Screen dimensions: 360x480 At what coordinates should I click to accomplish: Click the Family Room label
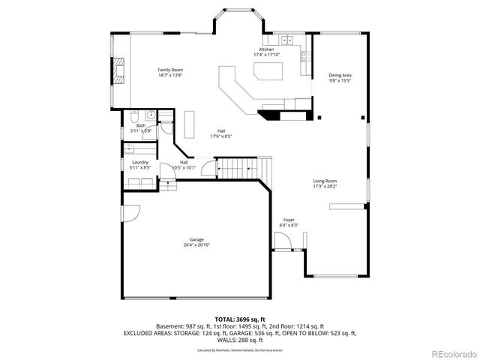click(170, 70)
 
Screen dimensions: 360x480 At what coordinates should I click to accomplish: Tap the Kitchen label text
click(266, 49)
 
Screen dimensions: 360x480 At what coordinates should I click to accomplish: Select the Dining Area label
click(340, 75)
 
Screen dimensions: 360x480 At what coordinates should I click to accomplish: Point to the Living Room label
click(325, 181)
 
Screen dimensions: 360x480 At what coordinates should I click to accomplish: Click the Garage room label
click(196, 240)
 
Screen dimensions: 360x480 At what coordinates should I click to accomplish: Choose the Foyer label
click(289, 220)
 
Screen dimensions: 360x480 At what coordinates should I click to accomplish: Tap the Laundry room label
click(140, 162)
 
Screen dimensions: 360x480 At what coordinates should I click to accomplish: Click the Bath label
click(140, 125)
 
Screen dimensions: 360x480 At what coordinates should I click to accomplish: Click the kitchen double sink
click(289, 40)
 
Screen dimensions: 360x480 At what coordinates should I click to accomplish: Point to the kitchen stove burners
click(304, 55)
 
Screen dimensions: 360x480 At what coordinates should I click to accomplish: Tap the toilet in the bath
click(133, 115)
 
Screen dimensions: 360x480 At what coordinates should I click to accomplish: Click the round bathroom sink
click(150, 115)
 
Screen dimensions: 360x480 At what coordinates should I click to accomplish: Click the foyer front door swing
click(282, 241)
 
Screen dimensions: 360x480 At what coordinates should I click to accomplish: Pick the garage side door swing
click(129, 213)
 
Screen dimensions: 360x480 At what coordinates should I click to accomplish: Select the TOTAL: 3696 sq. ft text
click(239, 319)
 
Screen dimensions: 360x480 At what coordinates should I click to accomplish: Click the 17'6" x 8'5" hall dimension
click(222, 136)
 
